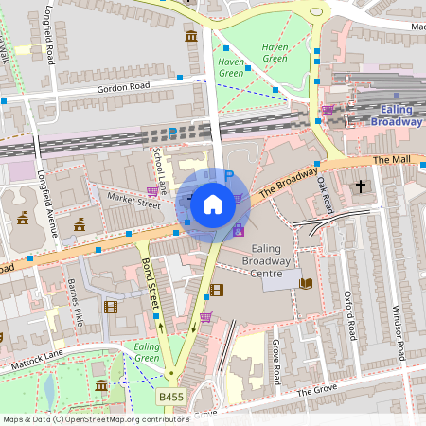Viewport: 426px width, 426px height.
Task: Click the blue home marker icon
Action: click(x=213, y=204)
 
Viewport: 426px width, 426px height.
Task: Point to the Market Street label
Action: click(x=133, y=201)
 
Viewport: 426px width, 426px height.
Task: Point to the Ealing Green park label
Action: click(x=147, y=352)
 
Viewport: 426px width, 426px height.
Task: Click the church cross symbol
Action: click(x=360, y=186)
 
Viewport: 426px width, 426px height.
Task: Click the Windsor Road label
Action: click(x=398, y=331)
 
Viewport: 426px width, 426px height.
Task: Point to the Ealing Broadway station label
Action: click(x=395, y=115)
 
